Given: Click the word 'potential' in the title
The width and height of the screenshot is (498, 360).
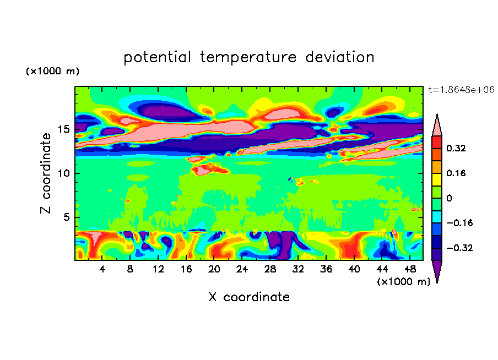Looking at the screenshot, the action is click(157, 57).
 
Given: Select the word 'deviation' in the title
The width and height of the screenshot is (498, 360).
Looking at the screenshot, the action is click(340, 57).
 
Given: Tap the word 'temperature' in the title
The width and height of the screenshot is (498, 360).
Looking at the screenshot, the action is click(248, 57).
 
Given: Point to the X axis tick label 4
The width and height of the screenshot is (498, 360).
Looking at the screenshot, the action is click(102, 269).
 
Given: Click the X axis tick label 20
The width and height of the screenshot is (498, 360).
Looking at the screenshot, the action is click(214, 269).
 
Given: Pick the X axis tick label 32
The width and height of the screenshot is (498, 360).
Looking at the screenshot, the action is click(297, 269).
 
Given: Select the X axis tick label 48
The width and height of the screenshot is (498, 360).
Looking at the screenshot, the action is click(410, 269).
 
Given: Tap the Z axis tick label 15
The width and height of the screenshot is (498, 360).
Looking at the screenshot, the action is click(64, 129).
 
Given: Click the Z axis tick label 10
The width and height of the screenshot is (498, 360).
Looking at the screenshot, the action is click(64, 173).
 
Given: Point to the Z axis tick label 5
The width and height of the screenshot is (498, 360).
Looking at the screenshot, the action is click(66, 217).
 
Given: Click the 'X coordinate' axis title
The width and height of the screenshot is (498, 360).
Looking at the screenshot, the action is click(249, 297).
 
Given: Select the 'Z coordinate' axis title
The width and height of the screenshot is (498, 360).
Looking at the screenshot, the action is click(46, 173).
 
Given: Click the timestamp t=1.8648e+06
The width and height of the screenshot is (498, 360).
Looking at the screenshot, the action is click(462, 90).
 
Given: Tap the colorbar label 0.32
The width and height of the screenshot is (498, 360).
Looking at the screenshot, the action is click(456, 148).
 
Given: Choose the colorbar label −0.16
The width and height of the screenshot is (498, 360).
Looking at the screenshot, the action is click(459, 223).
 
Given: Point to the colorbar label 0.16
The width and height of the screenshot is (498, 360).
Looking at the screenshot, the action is click(456, 173).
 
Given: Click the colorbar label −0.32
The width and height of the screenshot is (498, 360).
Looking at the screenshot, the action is click(459, 248).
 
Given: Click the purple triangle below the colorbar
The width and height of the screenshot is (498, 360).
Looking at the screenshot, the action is click(437, 270).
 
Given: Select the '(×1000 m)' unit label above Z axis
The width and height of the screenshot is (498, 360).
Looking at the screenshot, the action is click(52, 71).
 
